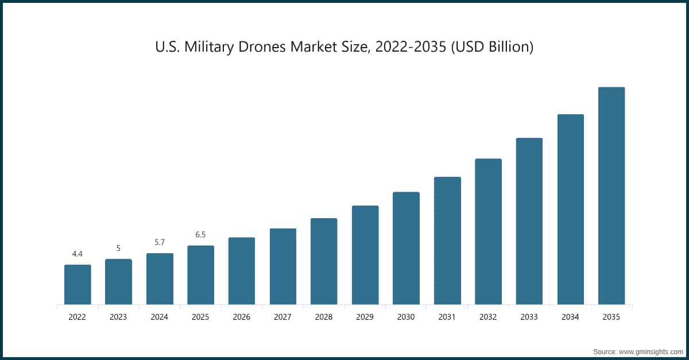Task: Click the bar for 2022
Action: tap(78, 285)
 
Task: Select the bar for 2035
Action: tap(611, 196)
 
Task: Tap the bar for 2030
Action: tap(406, 248)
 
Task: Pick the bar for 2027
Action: tap(283, 266)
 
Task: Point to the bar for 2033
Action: tap(529, 221)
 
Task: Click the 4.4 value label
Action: tap(78, 254)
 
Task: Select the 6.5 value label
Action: tap(200, 235)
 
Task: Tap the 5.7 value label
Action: tap(160, 242)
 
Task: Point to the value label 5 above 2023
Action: tap(118, 248)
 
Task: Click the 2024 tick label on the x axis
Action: tap(160, 316)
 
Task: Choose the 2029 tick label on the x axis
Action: tap(365, 316)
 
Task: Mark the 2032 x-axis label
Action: tap(489, 316)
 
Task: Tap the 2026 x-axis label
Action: tap(242, 316)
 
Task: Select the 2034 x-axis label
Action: tap(571, 316)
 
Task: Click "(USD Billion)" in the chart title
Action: tap(492, 47)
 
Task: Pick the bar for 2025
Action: tap(200, 275)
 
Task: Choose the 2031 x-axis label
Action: tap(447, 316)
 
